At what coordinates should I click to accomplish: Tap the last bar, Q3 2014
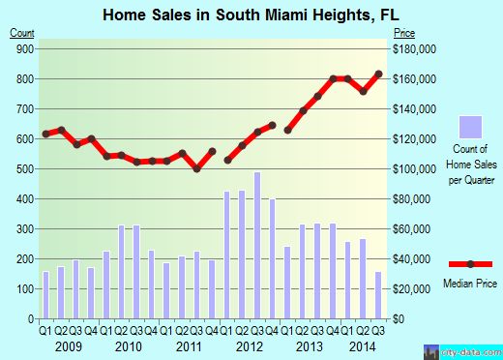(x=377, y=295)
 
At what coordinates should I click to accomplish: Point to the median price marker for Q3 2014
(x=378, y=74)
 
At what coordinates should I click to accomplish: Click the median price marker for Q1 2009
(x=45, y=134)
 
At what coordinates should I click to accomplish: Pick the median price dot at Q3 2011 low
(x=197, y=168)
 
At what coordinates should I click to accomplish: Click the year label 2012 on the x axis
(x=250, y=345)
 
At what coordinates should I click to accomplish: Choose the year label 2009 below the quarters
(x=68, y=345)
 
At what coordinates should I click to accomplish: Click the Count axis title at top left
(x=22, y=33)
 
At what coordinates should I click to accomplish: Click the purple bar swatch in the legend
(x=470, y=127)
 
